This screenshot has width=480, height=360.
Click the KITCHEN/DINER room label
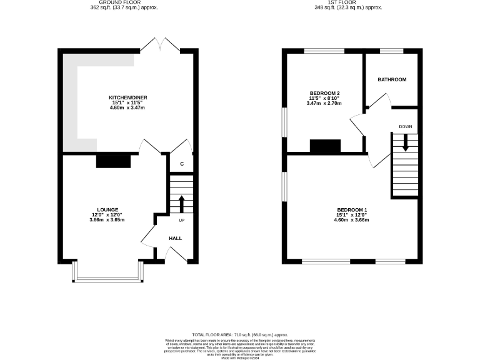[128, 97]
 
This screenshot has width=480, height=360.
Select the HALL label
[176, 238]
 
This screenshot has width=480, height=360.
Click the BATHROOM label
[392, 80]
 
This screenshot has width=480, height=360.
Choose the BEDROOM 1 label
[352, 209]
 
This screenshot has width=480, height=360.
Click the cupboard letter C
[182, 164]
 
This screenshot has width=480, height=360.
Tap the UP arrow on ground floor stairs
[182, 203]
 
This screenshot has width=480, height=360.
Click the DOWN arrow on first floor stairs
[405, 142]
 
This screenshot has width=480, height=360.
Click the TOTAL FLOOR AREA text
[240, 336]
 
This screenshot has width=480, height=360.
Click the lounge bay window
[107, 272]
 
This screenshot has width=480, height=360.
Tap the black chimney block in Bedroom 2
[326, 146]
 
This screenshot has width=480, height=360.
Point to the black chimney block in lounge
[113, 161]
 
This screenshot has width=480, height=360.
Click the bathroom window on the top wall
[391, 51]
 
